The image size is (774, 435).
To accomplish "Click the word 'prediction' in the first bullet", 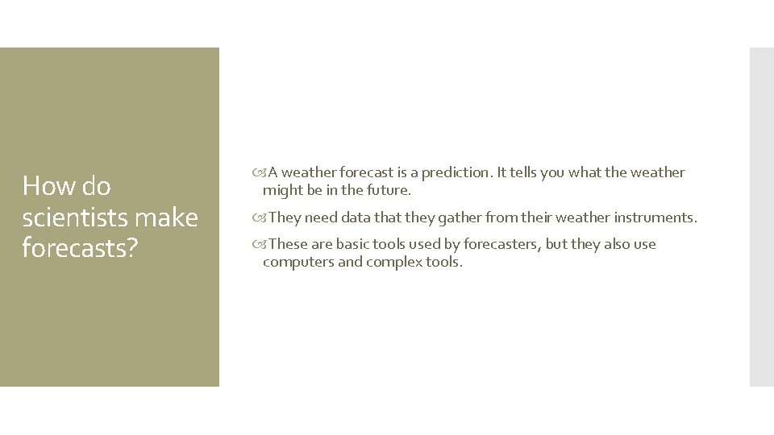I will click(x=452, y=172).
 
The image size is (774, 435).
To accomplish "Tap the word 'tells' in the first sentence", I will click(x=527, y=172).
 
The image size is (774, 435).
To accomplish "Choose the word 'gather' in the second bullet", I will click(x=439, y=217).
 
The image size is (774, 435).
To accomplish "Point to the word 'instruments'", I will click(x=655, y=217).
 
